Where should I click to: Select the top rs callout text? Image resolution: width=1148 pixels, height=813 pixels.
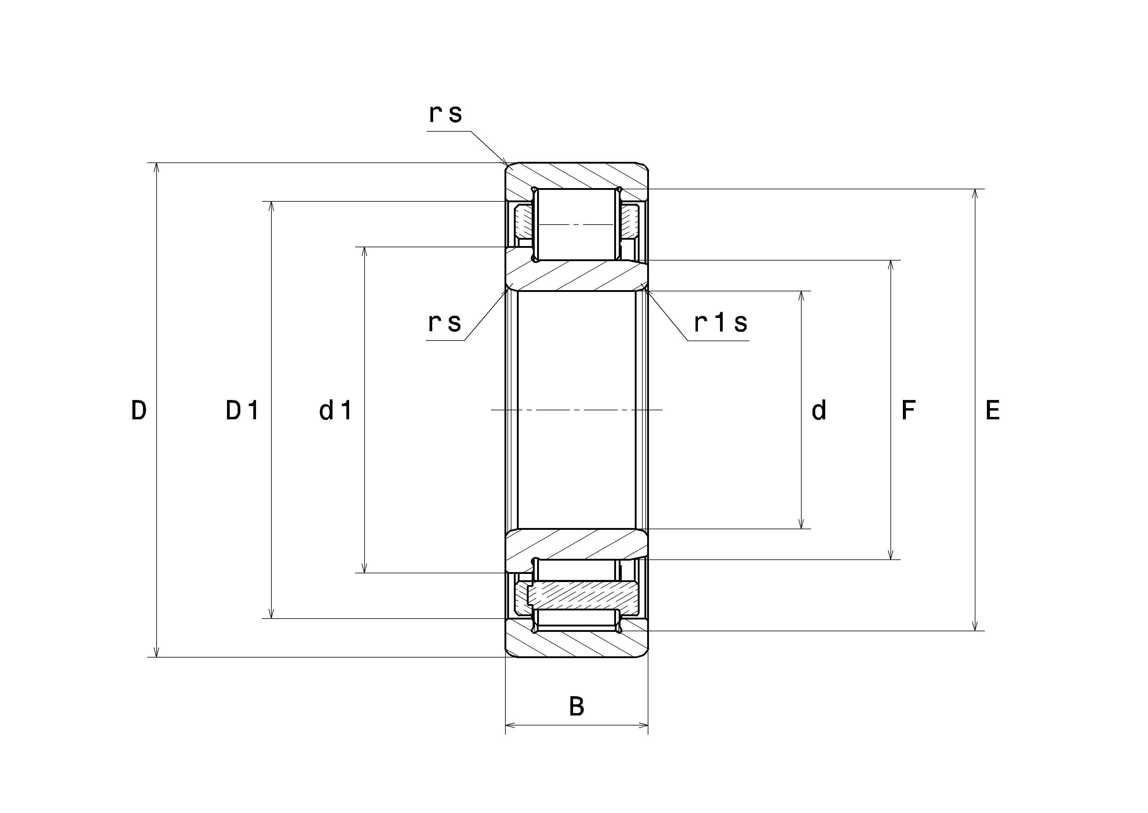[x=446, y=114]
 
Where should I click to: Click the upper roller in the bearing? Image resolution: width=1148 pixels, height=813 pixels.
[x=576, y=225]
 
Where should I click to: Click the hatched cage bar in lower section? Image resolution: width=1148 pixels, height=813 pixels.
[x=584, y=595]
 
